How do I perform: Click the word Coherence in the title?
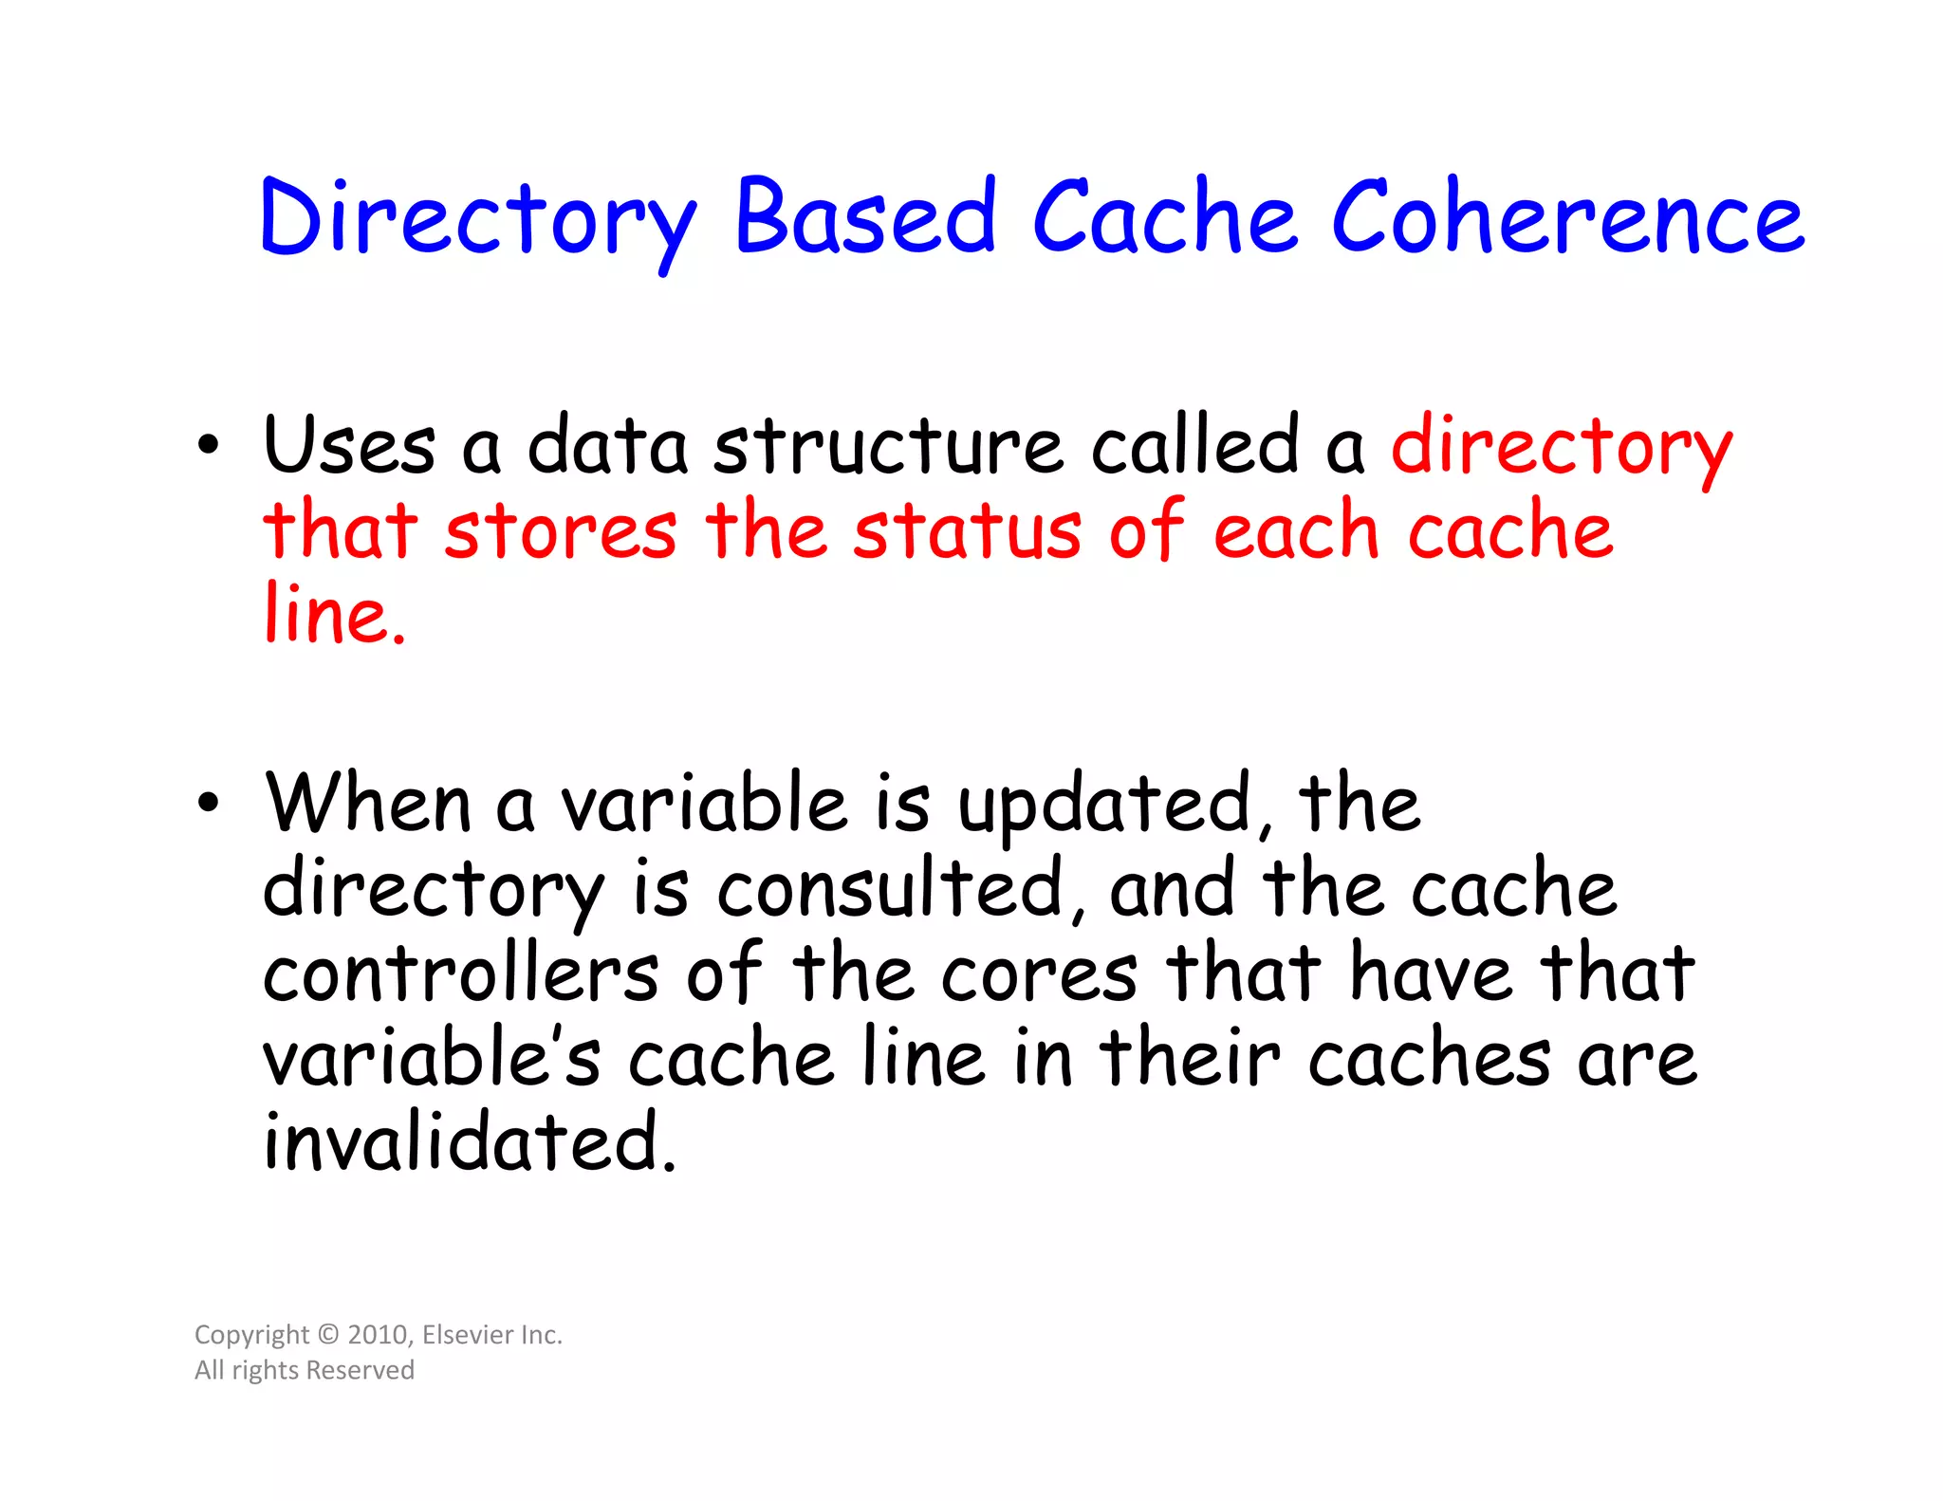point(1567,218)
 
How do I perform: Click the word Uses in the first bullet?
point(349,446)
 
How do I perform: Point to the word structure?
point(888,446)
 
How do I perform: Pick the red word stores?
point(561,531)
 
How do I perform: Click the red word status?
point(967,531)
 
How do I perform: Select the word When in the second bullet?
point(368,805)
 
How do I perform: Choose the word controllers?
point(460,974)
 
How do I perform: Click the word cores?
point(1039,974)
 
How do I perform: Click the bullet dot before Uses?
point(209,445)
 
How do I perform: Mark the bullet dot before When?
point(209,804)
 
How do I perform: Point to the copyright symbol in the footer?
point(328,1335)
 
